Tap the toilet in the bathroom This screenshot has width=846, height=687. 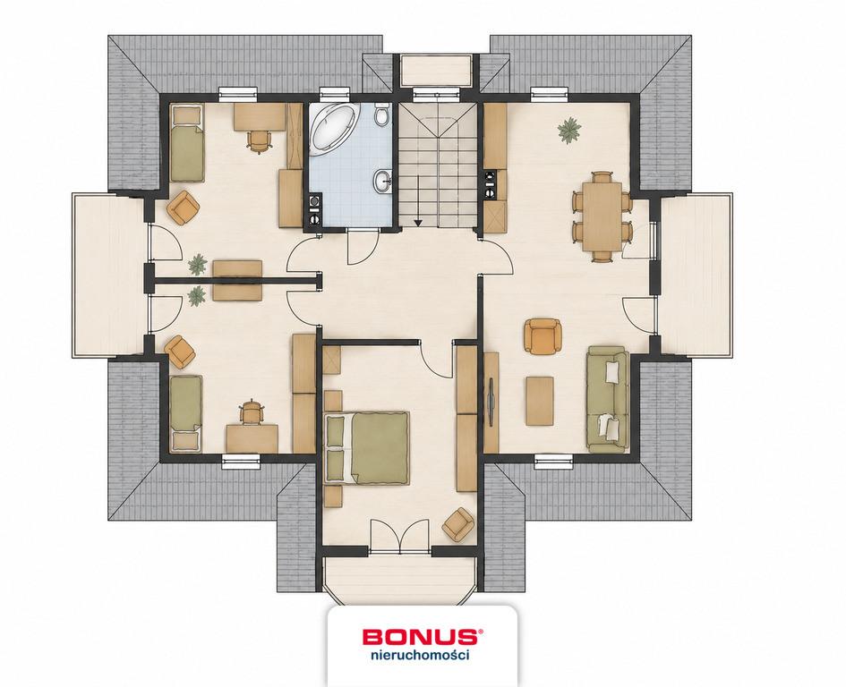tap(381, 114)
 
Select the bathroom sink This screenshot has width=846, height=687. tap(383, 181)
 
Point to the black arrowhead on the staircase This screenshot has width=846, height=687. tap(417, 221)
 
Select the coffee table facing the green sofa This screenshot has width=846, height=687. tap(540, 401)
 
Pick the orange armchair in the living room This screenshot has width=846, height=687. tap(543, 337)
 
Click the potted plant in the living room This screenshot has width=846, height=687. tap(569, 131)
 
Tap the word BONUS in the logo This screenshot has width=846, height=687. tap(420, 636)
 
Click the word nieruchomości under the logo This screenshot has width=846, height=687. tap(420, 656)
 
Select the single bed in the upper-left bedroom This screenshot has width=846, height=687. tap(187, 143)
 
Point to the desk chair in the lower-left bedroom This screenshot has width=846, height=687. tap(251, 412)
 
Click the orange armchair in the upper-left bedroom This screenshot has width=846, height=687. tap(184, 208)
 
